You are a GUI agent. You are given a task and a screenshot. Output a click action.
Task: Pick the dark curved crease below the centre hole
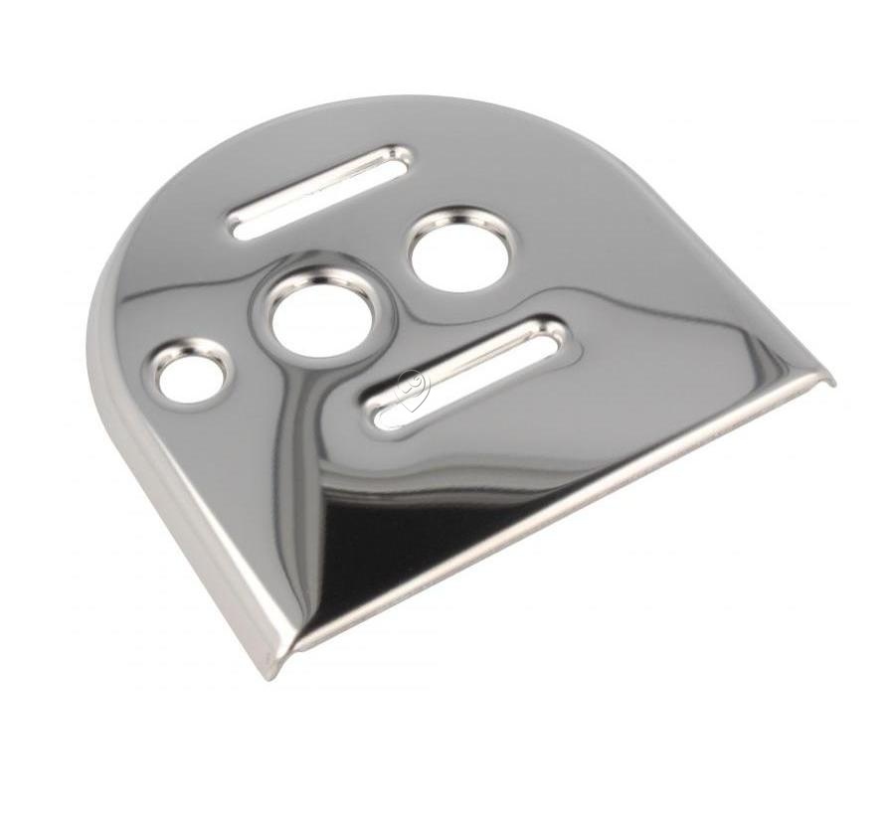[298, 417]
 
